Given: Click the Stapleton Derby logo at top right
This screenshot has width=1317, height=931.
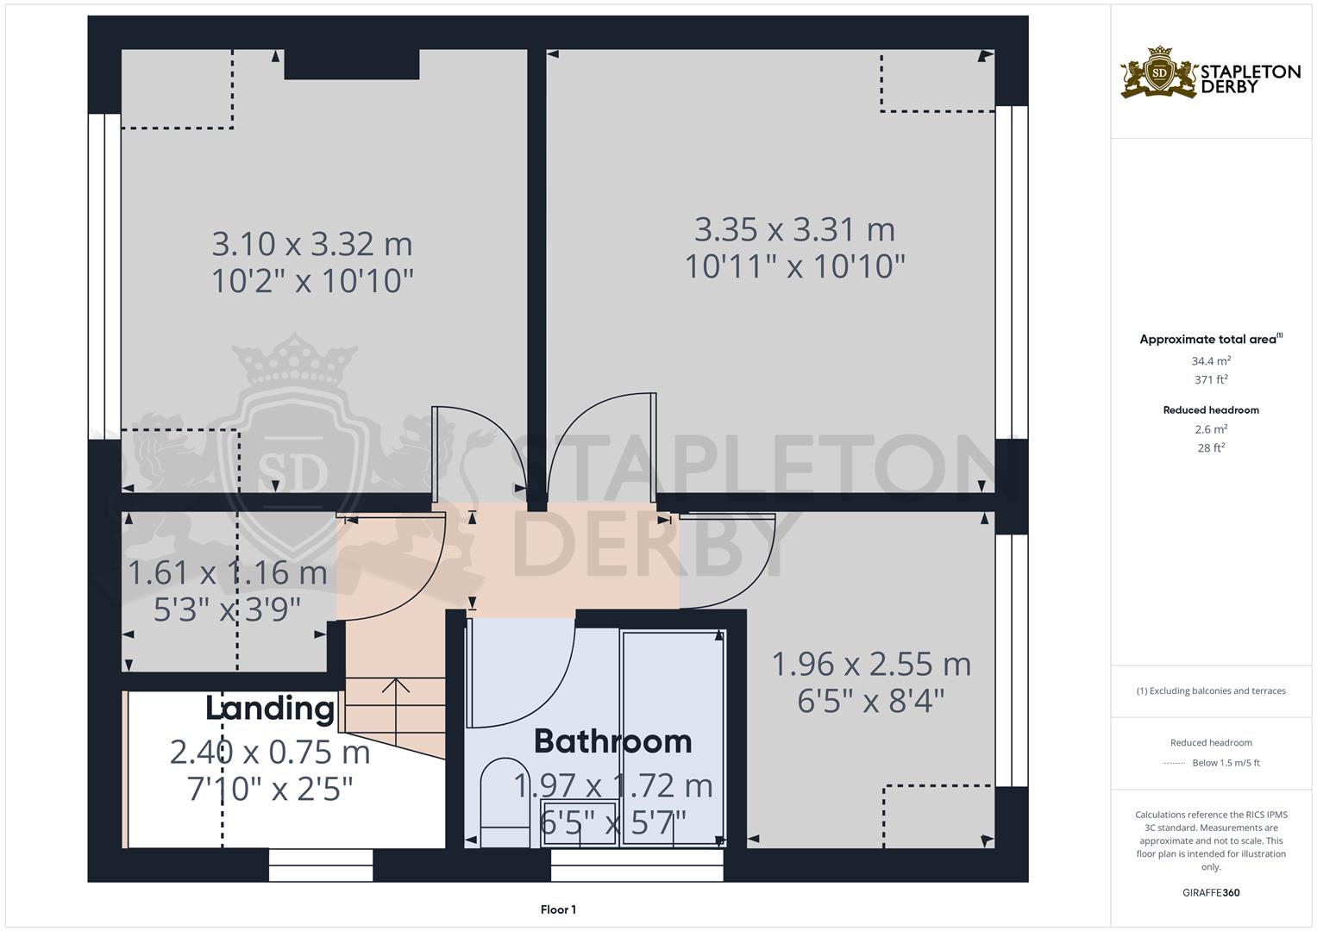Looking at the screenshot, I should point(1210,72).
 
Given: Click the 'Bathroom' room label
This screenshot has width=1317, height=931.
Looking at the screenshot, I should point(612,741).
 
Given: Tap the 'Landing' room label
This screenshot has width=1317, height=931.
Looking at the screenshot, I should point(270,708).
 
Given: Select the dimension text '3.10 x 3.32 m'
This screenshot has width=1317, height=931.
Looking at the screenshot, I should point(312,244).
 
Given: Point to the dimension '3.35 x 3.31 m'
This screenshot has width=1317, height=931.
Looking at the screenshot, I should point(794,230).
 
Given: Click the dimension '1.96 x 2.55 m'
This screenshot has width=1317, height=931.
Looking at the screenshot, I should point(871,665).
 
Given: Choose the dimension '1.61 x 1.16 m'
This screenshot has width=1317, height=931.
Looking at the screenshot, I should point(228,572).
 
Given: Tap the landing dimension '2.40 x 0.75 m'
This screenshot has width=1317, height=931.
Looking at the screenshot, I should point(270,753).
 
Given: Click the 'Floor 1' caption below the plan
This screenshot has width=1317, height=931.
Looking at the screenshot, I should point(558,909).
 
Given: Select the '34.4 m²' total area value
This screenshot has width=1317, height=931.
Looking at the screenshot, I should point(1211,362).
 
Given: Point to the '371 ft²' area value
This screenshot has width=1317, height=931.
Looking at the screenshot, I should point(1211,380).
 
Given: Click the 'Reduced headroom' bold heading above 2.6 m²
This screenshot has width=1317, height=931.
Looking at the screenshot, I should point(1211,410).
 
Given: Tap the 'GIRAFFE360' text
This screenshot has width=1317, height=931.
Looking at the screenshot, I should point(1211,893).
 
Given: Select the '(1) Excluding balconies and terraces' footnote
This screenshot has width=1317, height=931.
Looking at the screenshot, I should point(1211,690).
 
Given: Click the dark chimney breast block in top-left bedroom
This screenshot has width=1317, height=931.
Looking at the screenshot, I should point(352,65).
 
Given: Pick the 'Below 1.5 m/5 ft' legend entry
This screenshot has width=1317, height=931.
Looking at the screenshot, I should point(1226,763).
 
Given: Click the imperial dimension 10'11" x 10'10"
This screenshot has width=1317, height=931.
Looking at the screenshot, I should point(794,267).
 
